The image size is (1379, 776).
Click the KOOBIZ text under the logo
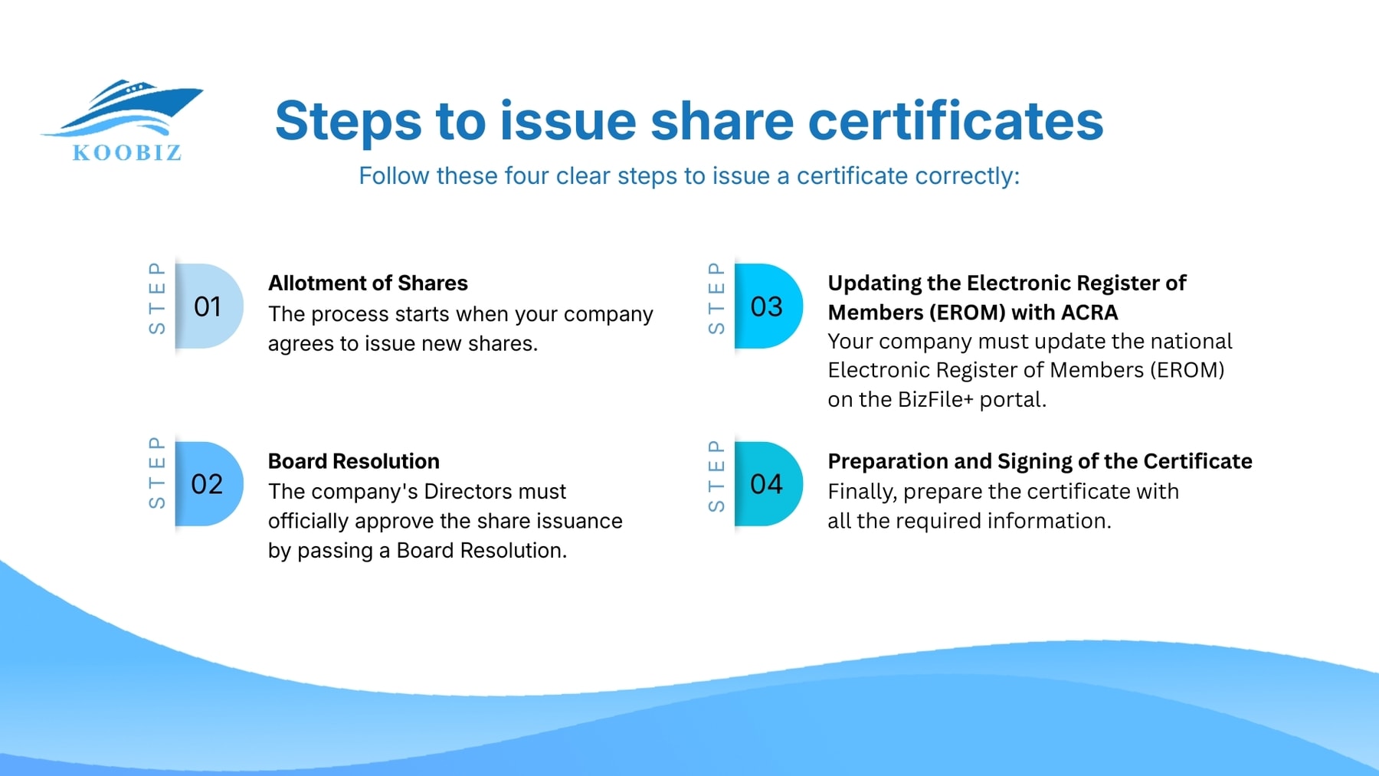(x=127, y=152)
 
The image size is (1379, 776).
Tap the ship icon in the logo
(x=127, y=107)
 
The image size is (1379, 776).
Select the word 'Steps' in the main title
(x=349, y=121)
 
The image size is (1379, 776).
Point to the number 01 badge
(x=208, y=306)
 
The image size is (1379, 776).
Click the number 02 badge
(x=208, y=484)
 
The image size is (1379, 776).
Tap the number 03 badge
(x=767, y=306)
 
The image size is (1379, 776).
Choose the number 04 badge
(x=767, y=484)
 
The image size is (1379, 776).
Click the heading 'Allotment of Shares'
(x=368, y=283)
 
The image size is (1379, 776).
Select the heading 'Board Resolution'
(x=354, y=461)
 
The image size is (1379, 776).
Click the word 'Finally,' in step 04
(x=862, y=491)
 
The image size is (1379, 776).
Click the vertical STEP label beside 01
(x=157, y=298)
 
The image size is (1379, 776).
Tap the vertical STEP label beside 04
(x=716, y=476)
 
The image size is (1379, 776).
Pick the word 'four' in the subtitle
(x=527, y=176)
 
